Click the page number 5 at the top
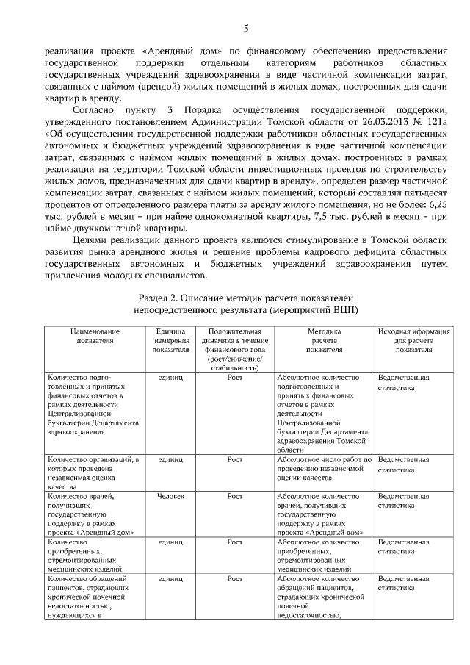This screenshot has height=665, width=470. coord(246,28)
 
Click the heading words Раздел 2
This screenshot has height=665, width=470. coord(159,298)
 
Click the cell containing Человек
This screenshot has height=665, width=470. coord(170,497)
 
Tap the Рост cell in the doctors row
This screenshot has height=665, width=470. coord(234,497)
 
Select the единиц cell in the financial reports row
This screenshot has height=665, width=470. coord(170,378)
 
